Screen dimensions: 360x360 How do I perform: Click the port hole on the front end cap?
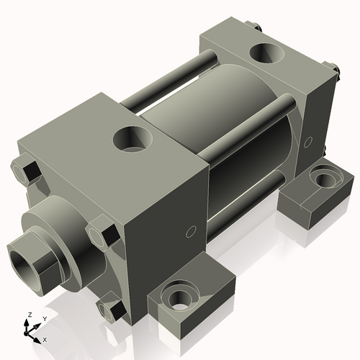pyautogui.click(x=134, y=136)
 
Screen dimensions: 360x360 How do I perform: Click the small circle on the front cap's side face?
pyautogui.click(x=190, y=231)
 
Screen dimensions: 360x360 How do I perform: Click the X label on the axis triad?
pyautogui.click(x=45, y=339)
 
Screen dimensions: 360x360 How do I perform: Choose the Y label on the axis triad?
pyautogui.click(x=44, y=318)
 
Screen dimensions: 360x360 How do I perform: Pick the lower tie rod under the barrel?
pyautogui.click(x=252, y=198)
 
